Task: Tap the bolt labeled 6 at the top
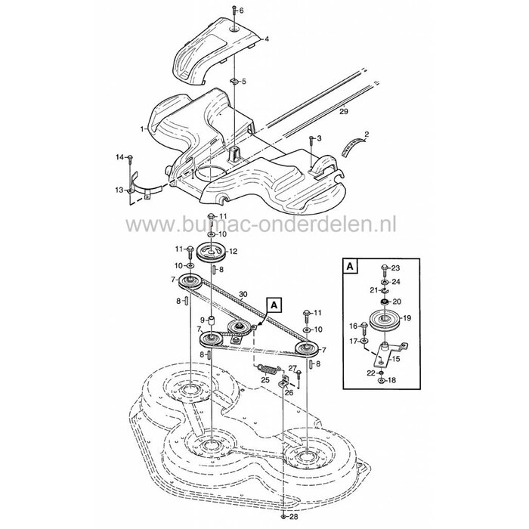tap(232, 11)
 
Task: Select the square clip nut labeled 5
tap(235, 80)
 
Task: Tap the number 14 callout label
tap(119, 156)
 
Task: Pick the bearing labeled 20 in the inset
tap(385, 302)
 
